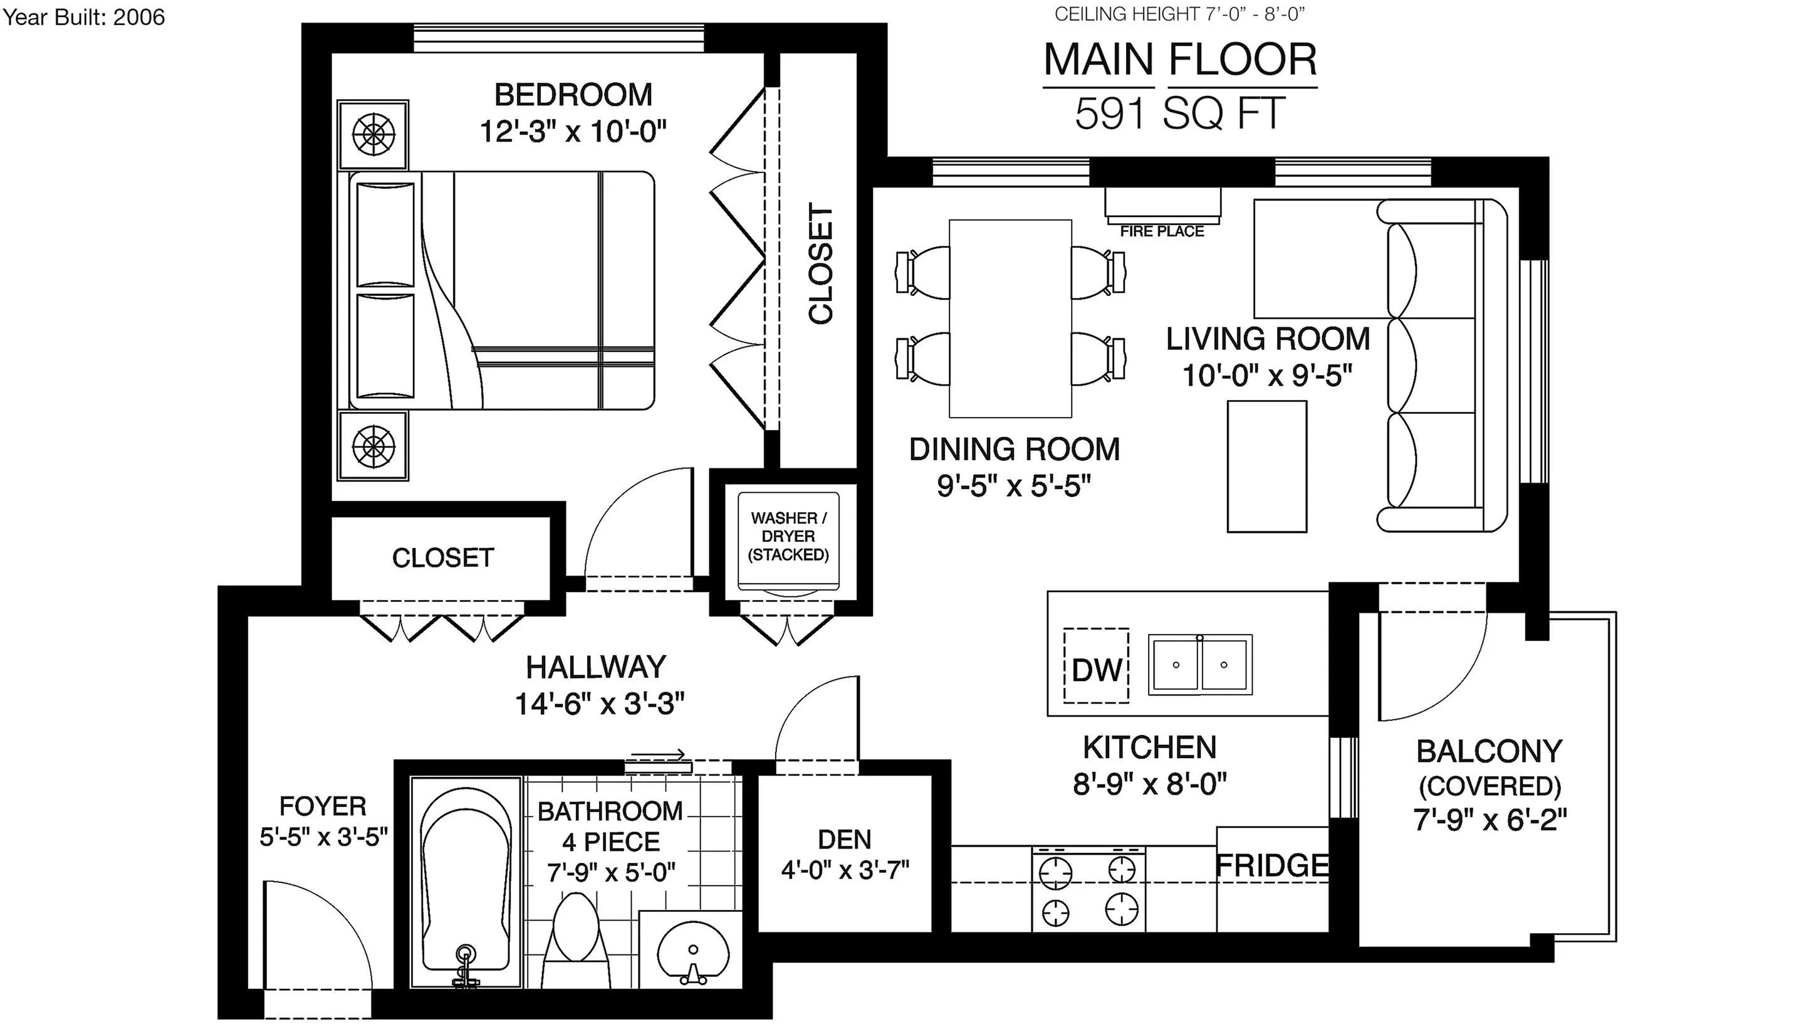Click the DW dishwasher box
(1095, 666)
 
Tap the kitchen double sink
(1200, 664)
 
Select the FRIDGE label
(1273, 865)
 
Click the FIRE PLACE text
(1162, 231)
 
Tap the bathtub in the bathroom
(466, 882)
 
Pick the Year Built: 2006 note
(83, 17)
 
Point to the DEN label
(845, 839)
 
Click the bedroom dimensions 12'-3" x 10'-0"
(573, 131)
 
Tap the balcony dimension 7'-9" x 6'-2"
(1490, 820)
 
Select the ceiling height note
(1179, 14)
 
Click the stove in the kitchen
(1089, 889)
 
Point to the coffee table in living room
(1267, 466)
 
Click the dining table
(1010, 319)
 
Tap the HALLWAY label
(596, 667)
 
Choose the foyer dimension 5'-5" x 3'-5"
(323, 837)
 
